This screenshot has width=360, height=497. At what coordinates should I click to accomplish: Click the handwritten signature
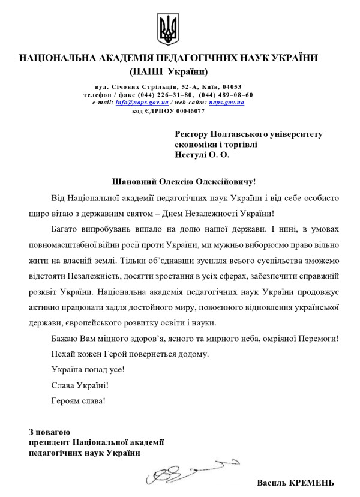click(186, 472)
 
